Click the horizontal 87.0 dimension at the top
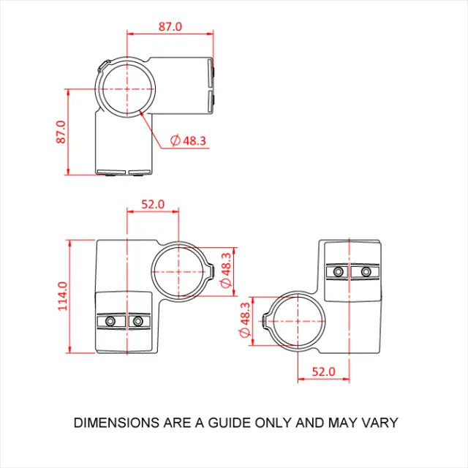pos(170,26)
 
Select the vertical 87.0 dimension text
pos(61,132)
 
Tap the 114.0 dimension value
pos(62,295)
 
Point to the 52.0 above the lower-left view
pos(153,205)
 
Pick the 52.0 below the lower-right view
pos(322,371)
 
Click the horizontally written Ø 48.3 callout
pos(188,140)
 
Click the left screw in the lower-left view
pos(110,321)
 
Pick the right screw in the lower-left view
pos(137,321)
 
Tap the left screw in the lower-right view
pos(337,271)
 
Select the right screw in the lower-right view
pos(365,271)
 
